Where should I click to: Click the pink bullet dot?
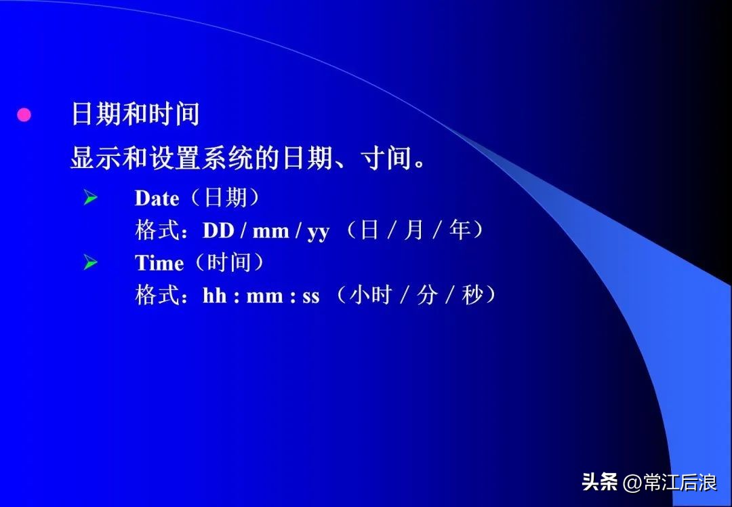click(24, 115)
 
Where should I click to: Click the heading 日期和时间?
click(135, 114)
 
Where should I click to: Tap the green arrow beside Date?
click(90, 198)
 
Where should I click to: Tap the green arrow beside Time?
click(90, 263)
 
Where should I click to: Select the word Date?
click(157, 199)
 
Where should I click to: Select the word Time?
click(159, 263)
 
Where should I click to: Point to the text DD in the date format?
click(218, 231)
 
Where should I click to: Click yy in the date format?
click(318, 232)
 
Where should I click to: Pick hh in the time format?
click(214, 296)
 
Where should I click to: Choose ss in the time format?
click(310, 297)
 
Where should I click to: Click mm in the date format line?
click(270, 232)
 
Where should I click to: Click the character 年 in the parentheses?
click(460, 230)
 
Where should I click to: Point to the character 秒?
click(472, 296)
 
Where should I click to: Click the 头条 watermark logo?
click(599, 483)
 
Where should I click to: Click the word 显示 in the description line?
click(91, 159)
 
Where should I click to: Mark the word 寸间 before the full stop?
click(387, 159)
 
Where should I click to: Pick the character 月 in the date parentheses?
click(413, 230)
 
